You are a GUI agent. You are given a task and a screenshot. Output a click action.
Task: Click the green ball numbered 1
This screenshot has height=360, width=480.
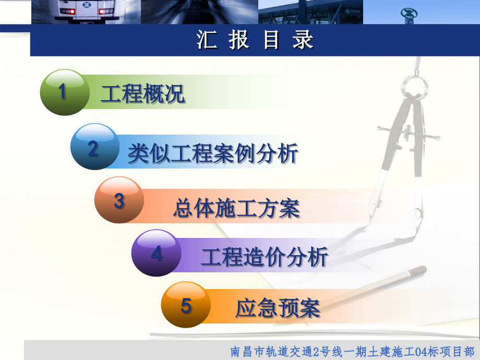coord(64,92)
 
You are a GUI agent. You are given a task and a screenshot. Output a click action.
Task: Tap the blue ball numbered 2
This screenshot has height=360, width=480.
coord(94,148)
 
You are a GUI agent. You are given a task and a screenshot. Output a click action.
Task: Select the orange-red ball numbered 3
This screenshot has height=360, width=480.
coord(119,201)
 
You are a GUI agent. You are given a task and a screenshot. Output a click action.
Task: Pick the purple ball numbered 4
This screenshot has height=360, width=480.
coord(157,254)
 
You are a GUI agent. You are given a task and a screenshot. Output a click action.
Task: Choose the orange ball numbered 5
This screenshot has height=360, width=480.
coord(186,305)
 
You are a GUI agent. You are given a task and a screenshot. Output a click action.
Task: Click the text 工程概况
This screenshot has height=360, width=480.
coord(142,94)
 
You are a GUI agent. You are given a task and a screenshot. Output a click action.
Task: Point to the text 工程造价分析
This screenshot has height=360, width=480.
coord(265,257)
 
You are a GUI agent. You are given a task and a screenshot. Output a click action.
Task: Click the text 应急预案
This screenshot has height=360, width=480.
coord(278,308)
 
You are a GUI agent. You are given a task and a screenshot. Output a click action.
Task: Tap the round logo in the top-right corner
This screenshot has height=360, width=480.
coord(409,13)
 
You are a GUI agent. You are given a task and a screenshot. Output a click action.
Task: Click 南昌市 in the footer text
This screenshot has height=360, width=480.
coord(247,351)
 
